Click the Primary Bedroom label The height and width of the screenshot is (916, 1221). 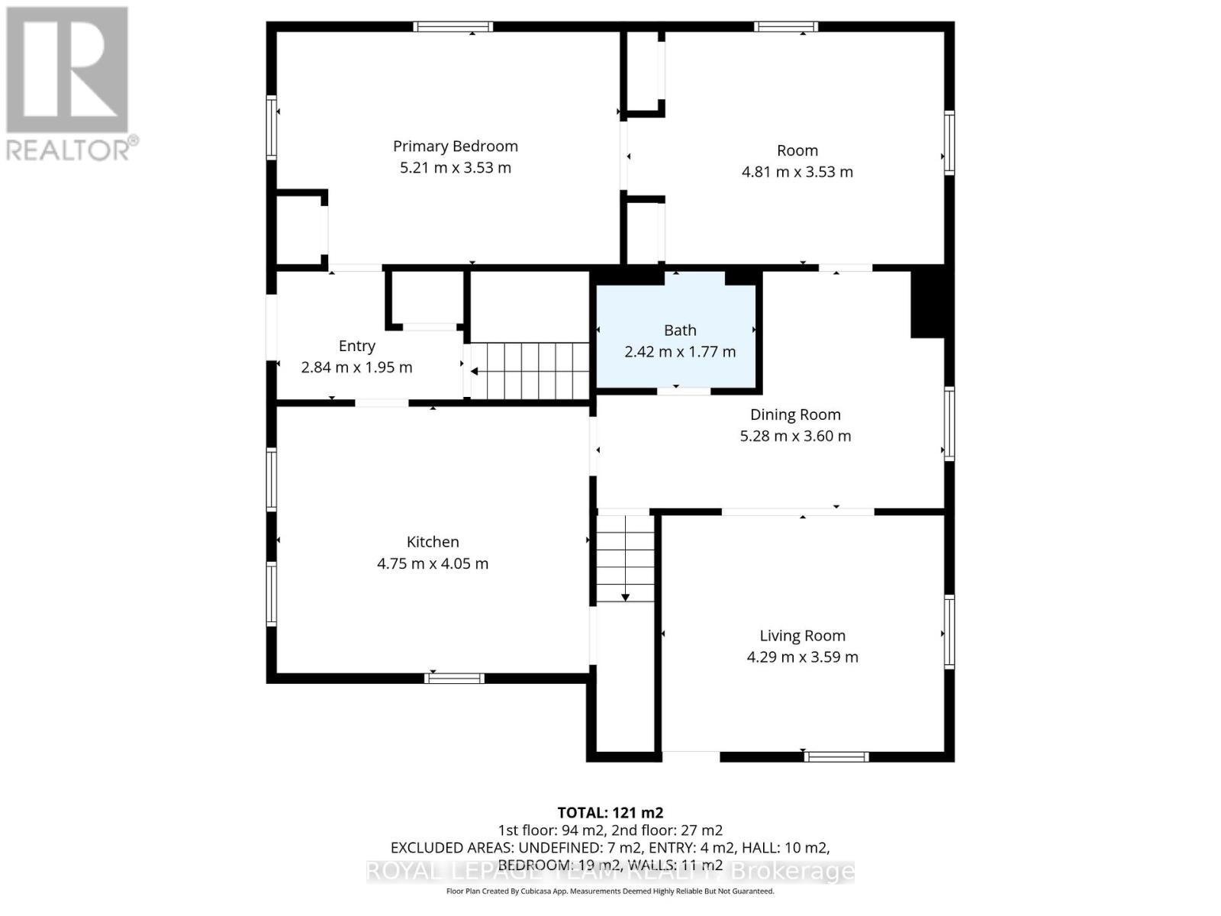pyautogui.click(x=455, y=146)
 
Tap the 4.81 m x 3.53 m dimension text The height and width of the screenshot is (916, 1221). pyautogui.click(x=797, y=172)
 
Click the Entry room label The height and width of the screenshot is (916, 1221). pyautogui.click(x=356, y=346)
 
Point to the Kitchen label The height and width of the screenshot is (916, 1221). pyautogui.click(x=433, y=542)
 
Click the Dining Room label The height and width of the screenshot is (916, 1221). pyautogui.click(x=795, y=414)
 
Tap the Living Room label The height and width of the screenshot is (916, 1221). pyautogui.click(x=802, y=635)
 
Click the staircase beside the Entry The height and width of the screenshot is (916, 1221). pyautogui.click(x=530, y=371)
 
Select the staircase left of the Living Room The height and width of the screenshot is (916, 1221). pyautogui.click(x=625, y=558)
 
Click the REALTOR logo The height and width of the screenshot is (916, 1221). pyautogui.click(x=69, y=84)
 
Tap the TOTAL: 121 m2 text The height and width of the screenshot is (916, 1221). pyautogui.click(x=610, y=812)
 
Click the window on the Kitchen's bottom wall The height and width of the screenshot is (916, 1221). pyautogui.click(x=454, y=677)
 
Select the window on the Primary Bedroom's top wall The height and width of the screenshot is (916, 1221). pyautogui.click(x=453, y=27)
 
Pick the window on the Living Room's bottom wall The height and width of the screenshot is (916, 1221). pyautogui.click(x=836, y=756)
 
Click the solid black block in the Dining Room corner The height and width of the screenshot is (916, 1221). pyautogui.click(x=928, y=303)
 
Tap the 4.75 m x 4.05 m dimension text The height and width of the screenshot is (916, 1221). pyautogui.click(x=433, y=564)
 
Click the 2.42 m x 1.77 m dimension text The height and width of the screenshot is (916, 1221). pyautogui.click(x=680, y=352)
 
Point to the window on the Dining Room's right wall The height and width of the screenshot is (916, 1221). pyautogui.click(x=949, y=423)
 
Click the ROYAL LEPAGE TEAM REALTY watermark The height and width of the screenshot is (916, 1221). pyautogui.click(x=610, y=871)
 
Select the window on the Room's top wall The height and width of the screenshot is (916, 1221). pyautogui.click(x=786, y=27)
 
